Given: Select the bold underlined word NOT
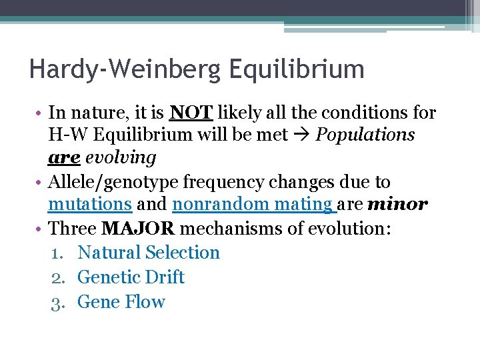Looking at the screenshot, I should pyautogui.click(x=191, y=113).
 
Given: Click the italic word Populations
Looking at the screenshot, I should pyautogui.click(x=365, y=135).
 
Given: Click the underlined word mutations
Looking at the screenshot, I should pyautogui.click(x=90, y=205).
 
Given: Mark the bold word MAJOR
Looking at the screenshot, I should pyautogui.click(x=139, y=229).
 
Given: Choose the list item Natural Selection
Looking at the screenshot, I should pyautogui.click(x=149, y=253).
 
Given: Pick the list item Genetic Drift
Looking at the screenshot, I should pyautogui.click(x=131, y=277).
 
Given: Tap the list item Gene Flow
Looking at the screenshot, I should pyautogui.click(x=121, y=302).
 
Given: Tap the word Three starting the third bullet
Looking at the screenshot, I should pyautogui.click(x=73, y=229).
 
